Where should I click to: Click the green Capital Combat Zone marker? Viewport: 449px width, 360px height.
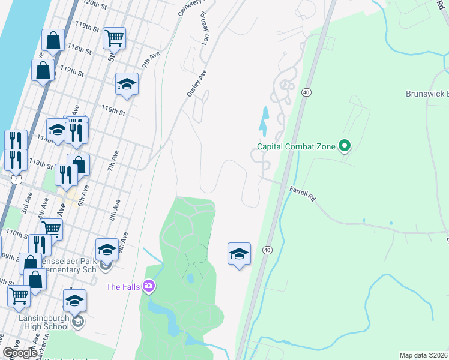[345, 146]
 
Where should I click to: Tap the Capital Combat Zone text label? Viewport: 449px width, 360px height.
[296, 146]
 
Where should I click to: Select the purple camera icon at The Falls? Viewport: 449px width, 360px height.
[149, 286]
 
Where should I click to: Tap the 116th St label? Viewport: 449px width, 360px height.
[113, 110]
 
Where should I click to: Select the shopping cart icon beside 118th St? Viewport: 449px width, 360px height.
[114, 38]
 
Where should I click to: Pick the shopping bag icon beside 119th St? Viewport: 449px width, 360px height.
[53, 40]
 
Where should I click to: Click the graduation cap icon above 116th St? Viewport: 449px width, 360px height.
[127, 83]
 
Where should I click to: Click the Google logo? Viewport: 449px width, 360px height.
[19, 353]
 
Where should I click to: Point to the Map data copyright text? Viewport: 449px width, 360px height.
[424, 355]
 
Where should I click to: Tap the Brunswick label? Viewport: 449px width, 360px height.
[427, 94]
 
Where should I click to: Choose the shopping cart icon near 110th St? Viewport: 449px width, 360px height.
[51, 229]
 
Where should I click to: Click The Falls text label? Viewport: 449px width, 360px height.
[124, 287]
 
